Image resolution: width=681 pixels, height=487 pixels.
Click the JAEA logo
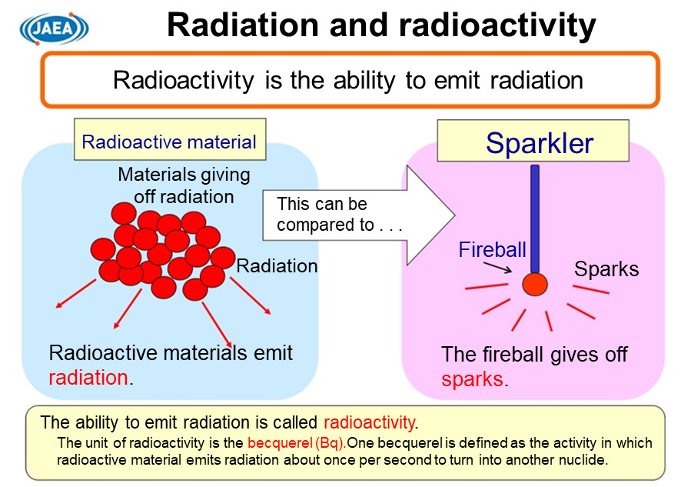pyautogui.click(x=55, y=28)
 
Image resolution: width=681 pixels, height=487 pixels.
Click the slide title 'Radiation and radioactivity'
pyautogui.click(x=381, y=25)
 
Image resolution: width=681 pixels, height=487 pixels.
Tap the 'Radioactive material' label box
pyautogui.click(x=169, y=142)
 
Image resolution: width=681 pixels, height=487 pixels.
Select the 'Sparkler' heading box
pyautogui.click(x=533, y=142)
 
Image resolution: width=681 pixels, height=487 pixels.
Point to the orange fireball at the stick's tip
pyautogui.click(x=535, y=284)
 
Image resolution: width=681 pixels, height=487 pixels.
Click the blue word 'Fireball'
pyautogui.click(x=492, y=249)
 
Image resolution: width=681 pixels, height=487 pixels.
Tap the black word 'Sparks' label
pyautogui.click(x=606, y=269)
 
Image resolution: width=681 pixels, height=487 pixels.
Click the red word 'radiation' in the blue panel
pyautogui.click(x=88, y=378)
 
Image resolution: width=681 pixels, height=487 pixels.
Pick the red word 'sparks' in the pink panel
pyautogui.click(x=473, y=379)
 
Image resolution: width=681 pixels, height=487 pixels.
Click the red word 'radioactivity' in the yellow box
pyautogui.click(x=369, y=422)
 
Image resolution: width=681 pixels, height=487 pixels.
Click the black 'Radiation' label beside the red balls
pyautogui.click(x=277, y=266)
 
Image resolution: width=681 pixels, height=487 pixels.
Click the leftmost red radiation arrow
pyautogui.click(x=75, y=293)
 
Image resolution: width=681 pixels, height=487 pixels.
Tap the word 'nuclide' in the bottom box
pyautogui.click(x=586, y=459)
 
